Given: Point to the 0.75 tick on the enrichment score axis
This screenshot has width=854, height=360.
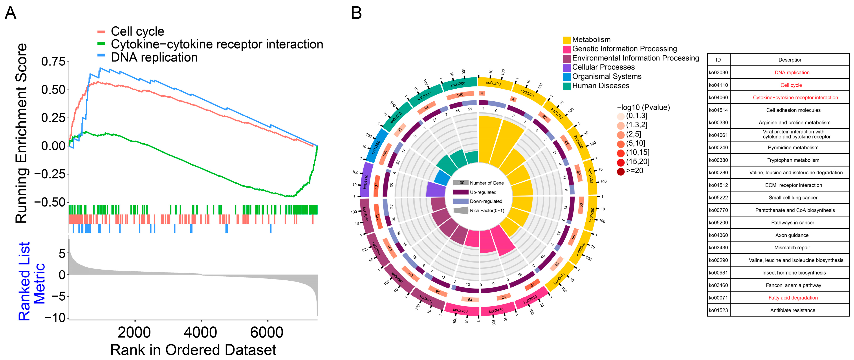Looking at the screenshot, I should [x=53, y=62].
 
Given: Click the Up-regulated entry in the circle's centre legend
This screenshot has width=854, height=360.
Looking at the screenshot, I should [x=483, y=192].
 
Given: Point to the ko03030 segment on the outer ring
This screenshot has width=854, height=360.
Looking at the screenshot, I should [x=530, y=299].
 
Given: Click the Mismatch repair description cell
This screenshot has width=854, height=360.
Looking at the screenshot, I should [x=792, y=248].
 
